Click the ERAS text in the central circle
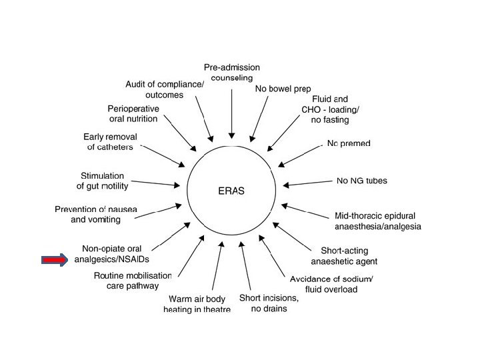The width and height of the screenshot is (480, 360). click(231, 190)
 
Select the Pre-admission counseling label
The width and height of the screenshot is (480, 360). click(231, 72)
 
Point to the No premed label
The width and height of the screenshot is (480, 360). click(349, 143)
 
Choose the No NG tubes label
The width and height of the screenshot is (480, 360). click(362, 181)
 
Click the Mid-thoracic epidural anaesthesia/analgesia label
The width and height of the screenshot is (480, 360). click(377, 221)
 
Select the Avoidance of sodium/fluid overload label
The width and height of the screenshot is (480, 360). click(331, 283)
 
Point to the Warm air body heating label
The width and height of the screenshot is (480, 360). click(197, 304)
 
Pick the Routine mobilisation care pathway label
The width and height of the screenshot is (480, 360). click(133, 281)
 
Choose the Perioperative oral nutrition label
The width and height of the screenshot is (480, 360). click(133, 113)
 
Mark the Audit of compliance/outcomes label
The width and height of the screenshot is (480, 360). click(165, 89)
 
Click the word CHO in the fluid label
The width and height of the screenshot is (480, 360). click(312, 110)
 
